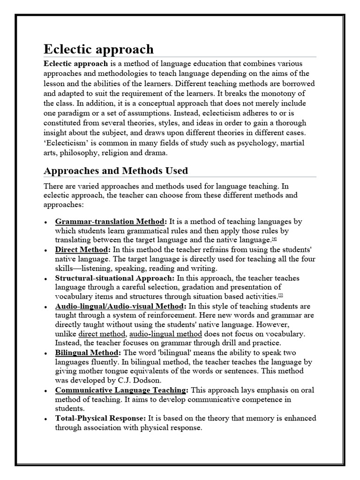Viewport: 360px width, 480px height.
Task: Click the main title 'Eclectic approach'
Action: pyautogui.click(x=98, y=49)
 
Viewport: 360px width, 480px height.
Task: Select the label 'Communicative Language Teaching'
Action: pyautogui.click(x=121, y=390)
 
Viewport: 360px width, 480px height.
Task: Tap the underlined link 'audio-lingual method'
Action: pyautogui.click(x=165, y=334)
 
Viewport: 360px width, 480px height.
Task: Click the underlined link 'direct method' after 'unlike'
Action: pyautogui.click(x=102, y=334)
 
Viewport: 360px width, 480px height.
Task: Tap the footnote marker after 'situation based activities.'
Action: pyautogui.click(x=280, y=295)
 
